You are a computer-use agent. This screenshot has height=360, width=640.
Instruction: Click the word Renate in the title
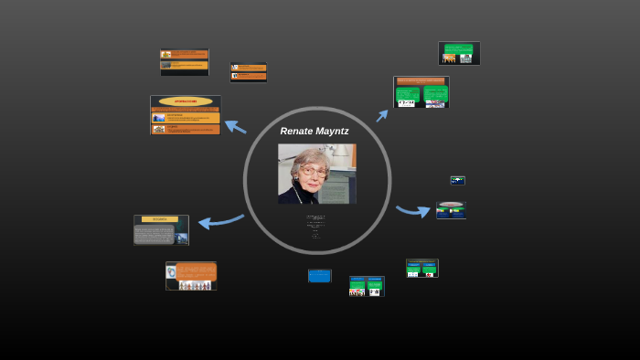pos(296,132)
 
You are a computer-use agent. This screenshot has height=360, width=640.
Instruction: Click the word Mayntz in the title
pos(332,132)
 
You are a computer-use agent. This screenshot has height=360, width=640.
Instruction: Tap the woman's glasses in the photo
pos(312,171)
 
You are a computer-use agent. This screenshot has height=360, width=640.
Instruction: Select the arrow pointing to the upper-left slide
pos(235,126)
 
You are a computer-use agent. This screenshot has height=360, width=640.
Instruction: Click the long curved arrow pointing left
pos(220,220)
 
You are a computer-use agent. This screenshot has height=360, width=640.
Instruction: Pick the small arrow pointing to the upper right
pos(382,115)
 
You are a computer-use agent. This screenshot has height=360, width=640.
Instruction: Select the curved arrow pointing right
pos(413,211)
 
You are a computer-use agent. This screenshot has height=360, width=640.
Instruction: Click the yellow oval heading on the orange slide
pos(186,101)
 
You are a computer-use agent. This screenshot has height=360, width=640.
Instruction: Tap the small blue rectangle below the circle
pos(319,275)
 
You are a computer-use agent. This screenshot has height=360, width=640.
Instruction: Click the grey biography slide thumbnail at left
pos(161,230)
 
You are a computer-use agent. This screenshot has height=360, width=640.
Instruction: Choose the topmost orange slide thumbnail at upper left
pos(184,61)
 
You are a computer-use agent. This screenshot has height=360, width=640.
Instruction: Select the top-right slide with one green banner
pos(459,53)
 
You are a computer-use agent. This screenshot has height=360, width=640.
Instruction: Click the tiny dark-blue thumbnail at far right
pos(457,180)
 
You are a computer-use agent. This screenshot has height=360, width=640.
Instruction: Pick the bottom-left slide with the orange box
pos(191,276)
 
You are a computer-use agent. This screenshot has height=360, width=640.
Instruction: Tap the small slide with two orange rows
pos(248,71)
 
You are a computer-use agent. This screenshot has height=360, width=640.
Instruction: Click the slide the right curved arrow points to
pos(451,210)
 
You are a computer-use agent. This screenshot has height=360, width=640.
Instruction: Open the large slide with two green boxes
pos(421,92)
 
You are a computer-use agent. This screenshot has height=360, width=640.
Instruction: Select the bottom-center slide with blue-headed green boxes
pos(367,286)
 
